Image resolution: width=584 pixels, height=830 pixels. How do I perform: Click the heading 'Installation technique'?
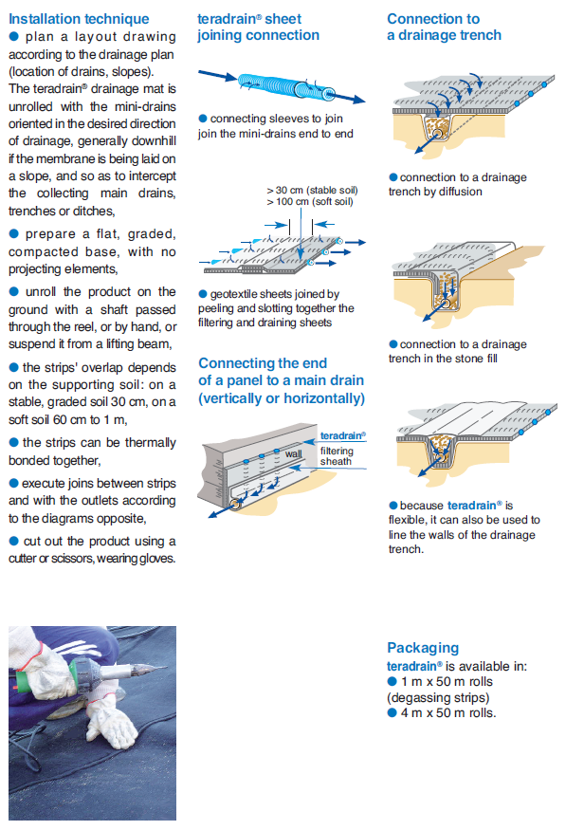(x=79, y=19)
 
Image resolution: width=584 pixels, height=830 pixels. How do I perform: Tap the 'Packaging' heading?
(x=423, y=648)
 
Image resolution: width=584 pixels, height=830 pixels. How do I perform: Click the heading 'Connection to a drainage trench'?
(x=445, y=27)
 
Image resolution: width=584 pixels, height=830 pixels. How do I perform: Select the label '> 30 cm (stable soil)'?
(x=312, y=190)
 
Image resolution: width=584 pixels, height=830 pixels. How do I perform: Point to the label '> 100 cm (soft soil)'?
(x=310, y=202)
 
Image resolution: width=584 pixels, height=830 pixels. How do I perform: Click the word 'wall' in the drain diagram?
(x=294, y=453)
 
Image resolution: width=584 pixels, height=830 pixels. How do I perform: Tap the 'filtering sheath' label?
(x=337, y=455)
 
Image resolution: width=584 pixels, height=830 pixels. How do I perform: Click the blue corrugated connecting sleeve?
(x=286, y=86)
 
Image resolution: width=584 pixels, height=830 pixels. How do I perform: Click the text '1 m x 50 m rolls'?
(x=447, y=682)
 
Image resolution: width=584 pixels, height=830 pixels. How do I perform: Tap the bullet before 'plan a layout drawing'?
(x=14, y=37)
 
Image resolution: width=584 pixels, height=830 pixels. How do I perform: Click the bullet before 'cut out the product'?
(x=14, y=541)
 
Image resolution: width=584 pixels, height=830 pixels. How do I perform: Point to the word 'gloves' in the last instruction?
(x=156, y=559)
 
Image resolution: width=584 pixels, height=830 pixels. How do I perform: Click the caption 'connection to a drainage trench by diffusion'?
(x=458, y=184)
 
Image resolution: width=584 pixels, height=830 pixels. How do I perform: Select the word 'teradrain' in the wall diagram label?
(x=341, y=435)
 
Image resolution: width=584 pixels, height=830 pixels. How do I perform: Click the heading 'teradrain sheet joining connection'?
(x=258, y=27)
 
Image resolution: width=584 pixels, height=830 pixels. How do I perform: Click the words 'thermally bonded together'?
(x=92, y=452)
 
